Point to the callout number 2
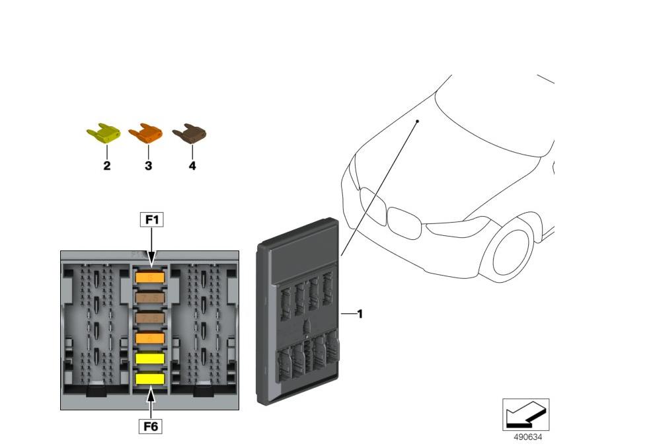pos(106,166)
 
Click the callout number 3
pos(148,166)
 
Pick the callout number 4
pos(192,166)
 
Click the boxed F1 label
pos(151,219)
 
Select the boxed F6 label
pos(151,427)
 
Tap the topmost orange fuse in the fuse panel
pos(150,278)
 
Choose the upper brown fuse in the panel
pos(150,299)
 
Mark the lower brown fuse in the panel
pos(150,318)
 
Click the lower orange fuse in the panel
pos(150,338)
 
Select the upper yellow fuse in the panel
pos(150,358)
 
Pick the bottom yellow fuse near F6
pos(150,379)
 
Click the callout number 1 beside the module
pos(360,315)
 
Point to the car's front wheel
pos(513,250)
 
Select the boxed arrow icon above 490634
pos(526,415)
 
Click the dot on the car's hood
pos(418,122)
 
